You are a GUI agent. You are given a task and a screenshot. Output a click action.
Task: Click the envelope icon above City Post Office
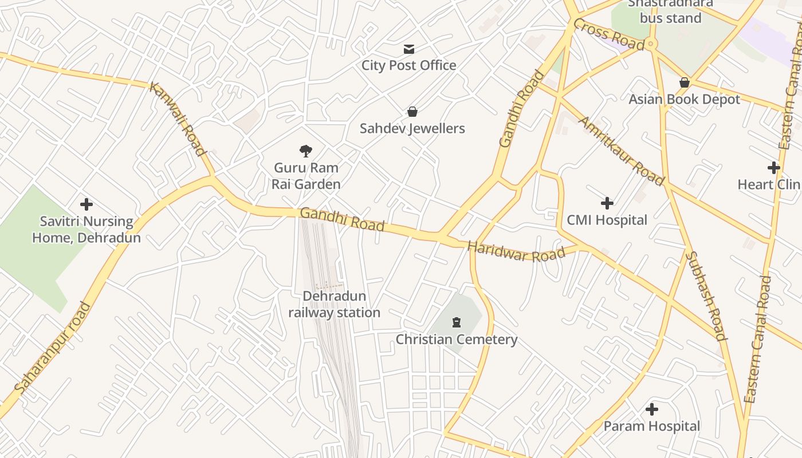409,49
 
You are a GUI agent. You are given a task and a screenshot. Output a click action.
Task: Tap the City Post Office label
409,65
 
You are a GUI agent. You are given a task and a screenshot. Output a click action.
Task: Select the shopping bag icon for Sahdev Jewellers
412,112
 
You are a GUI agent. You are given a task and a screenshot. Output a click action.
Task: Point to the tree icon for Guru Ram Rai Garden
306,151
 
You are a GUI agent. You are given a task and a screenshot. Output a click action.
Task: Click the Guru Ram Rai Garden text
306,176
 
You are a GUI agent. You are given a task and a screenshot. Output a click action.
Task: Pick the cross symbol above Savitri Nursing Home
87,204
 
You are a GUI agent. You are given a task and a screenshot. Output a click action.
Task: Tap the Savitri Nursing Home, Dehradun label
87,229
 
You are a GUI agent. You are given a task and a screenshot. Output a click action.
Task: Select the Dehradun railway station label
334,305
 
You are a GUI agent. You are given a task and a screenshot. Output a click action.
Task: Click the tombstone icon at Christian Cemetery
457,323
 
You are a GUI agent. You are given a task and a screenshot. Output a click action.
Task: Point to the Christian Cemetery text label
457,339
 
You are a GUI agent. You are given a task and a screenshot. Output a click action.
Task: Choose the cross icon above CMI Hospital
607,203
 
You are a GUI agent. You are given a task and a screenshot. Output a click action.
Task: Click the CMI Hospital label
607,220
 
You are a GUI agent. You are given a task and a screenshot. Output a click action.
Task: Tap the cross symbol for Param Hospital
652,410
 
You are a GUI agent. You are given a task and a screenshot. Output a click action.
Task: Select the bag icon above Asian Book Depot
684,83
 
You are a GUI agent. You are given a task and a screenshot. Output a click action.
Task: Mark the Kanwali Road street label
177,119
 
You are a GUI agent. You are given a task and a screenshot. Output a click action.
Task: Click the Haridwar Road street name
516,251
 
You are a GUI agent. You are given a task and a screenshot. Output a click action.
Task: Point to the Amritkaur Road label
622,151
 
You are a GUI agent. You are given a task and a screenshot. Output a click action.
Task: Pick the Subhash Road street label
706,295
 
